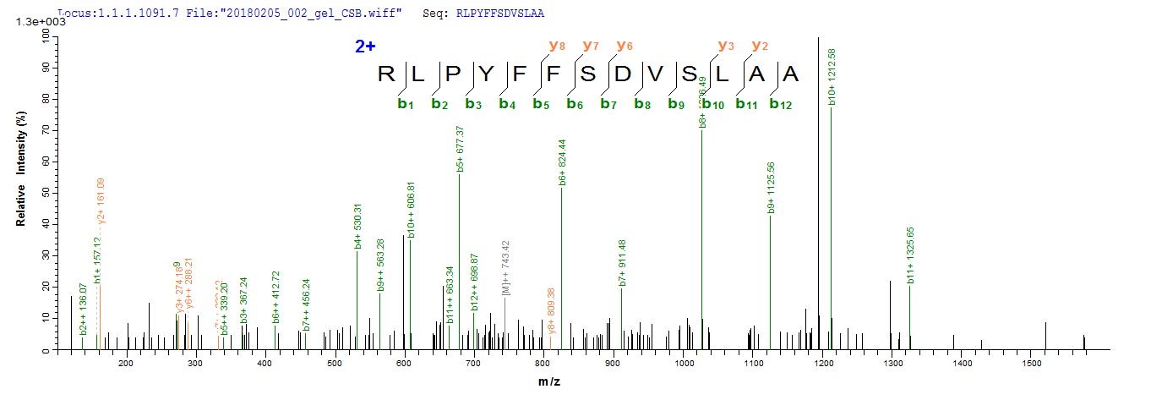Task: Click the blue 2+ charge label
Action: [x=365, y=47]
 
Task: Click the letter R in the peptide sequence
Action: [x=387, y=74]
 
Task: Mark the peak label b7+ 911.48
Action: [x=623, y=266]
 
